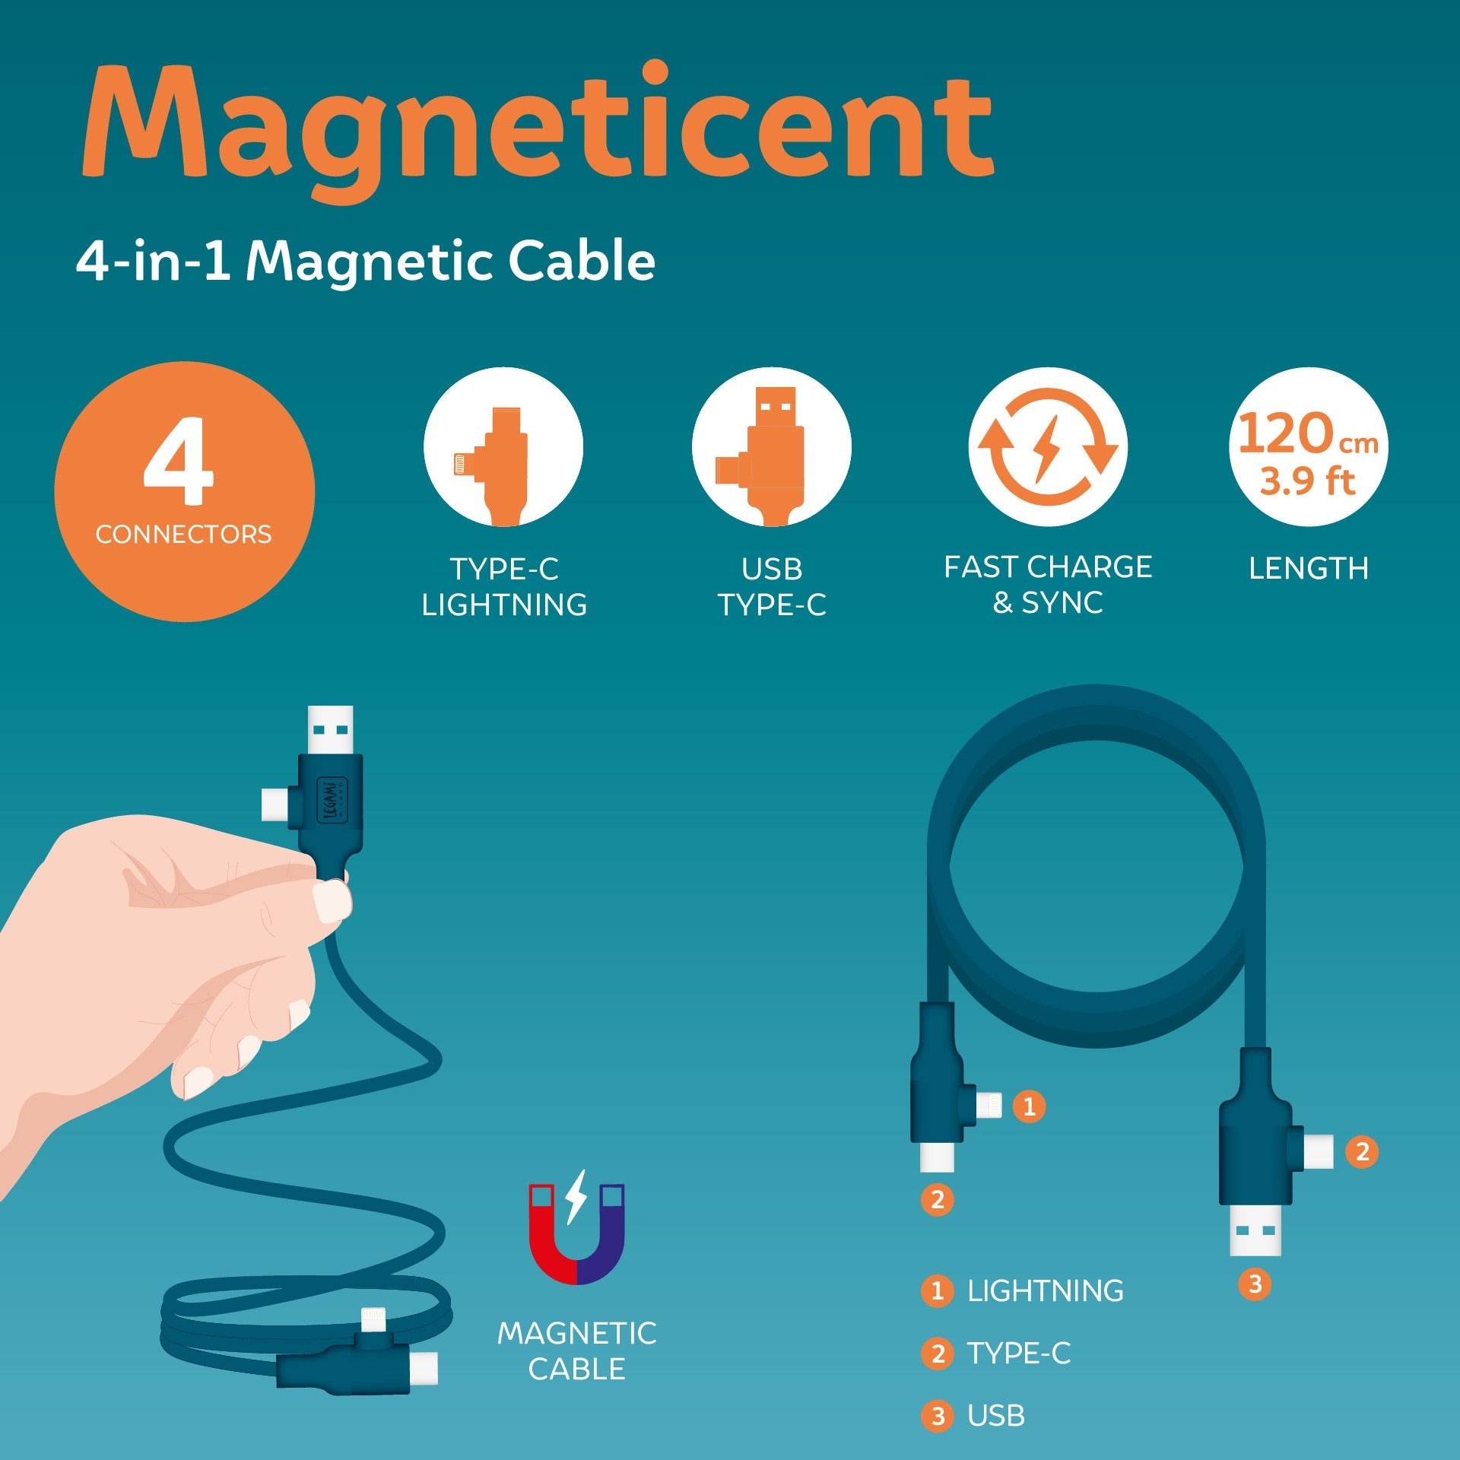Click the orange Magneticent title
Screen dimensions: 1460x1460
tap(538, 129)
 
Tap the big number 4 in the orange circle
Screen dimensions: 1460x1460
tap(179, 461)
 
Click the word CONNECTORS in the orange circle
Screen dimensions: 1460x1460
tap(183, 535)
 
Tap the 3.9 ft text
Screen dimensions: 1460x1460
tap(1308, 481)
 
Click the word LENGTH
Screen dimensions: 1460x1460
tap(1309, 569)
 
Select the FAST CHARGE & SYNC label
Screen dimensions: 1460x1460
tap(1048, 585)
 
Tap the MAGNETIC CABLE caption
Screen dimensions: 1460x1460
tap(577, 1351)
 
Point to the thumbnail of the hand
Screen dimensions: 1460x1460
tap(333, 902)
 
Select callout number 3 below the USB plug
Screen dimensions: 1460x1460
tap(1255, 1284)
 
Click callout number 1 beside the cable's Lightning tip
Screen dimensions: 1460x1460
tap(1029, 1106)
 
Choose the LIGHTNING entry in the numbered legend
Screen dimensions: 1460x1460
tap(1023, 1291)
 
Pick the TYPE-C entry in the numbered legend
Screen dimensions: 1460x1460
tap(996, 1354)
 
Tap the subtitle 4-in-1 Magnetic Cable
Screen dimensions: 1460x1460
tap(366, 261)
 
